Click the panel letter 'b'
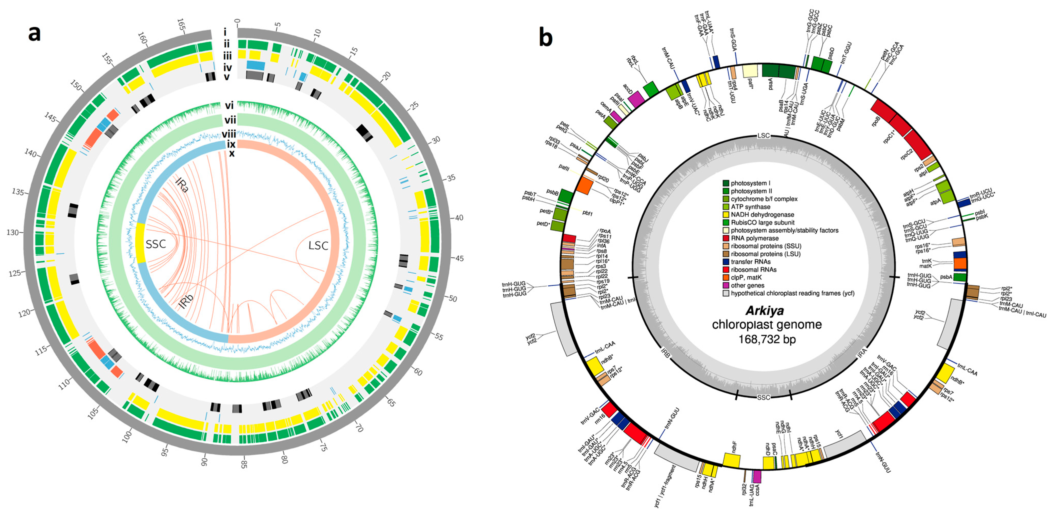546,37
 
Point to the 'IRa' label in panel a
182,186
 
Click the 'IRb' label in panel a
185,301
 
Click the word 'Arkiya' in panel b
765,311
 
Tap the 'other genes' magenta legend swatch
726,286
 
